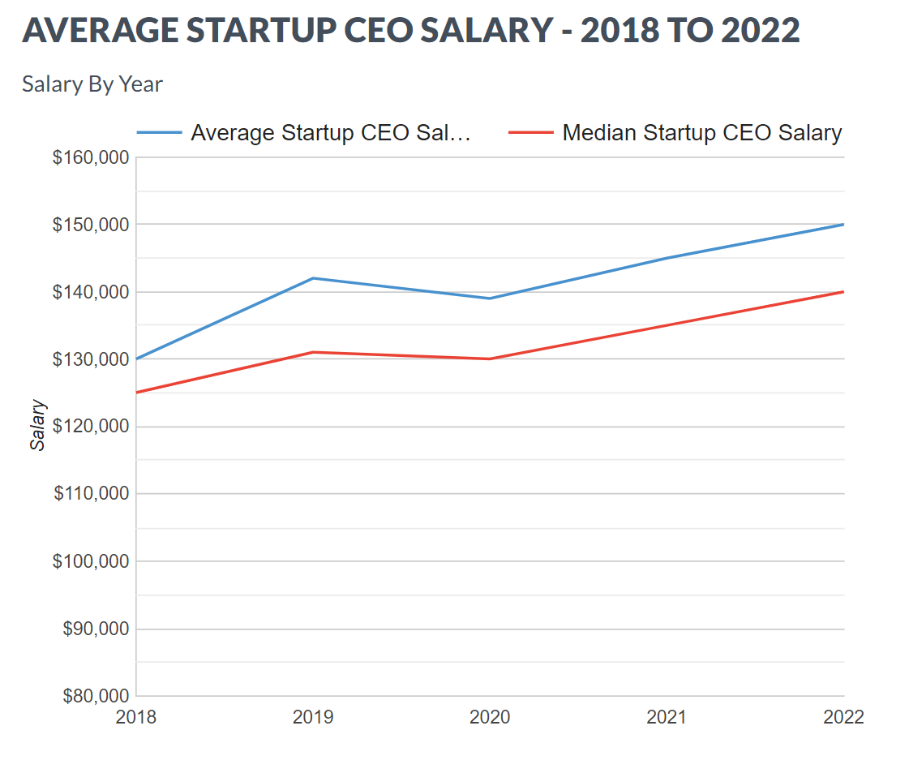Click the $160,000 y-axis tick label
pyautogui.click(x=91, y=157)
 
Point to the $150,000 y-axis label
pyautogui.click(x=91, y=225)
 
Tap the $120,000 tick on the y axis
pyautogui.click(x=91, y=427)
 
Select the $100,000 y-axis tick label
pyautogui.click(x=91, y=561)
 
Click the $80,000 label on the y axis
pyautogui.click(x=96, y=696)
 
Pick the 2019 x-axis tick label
pyautogui.click(x=313, y=717)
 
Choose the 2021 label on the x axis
pyautogui.click(x=667, y=717)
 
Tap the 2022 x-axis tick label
pyautogui.click(x=843, y=717)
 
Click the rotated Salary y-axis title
pyautogui.click(x=38, y=425)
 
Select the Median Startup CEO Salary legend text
pyautogui.click(x=702, y=133)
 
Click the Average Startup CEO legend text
pyautogui.click(x=331, y=133)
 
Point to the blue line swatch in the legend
pyautogui.click(x=159, y=133)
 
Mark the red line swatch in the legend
pyautogui.click(x=531, y=133)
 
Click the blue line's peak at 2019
pyautogui.click(x=313, y=278)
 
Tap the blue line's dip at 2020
pyautogui.click(x=490, y=298)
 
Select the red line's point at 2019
pyautogui.click(x=313, y=352)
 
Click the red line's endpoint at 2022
pyautogui.click(x=843, y=292)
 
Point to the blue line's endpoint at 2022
pyautogui.click(x=843, y=225)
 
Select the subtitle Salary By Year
pyautogui.click(x=92, y=84)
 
